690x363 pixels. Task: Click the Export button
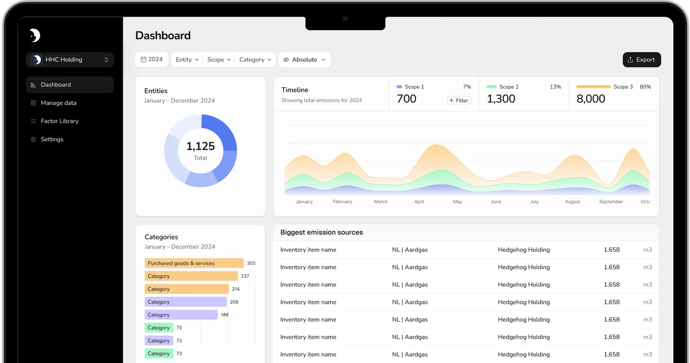(642, 60)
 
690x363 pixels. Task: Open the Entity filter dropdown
(187, 60)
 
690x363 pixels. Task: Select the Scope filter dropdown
(219, 60)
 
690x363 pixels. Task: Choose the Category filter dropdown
(255, 60)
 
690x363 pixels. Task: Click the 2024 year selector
(151, 59)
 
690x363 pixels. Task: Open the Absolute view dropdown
(304, 60)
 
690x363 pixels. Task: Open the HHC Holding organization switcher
(70, 60)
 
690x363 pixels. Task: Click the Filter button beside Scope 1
(459, 100)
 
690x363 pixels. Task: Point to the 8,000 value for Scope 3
(591, 99)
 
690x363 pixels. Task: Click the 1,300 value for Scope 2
(501, 99)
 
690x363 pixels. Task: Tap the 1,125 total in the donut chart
(201, 146)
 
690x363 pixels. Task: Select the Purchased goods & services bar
(194, 263)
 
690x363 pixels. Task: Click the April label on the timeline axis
(419, 202)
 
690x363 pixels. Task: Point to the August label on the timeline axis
(573, 202)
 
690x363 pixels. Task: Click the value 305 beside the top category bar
(251, 263)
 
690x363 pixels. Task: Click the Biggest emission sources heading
(322, 232)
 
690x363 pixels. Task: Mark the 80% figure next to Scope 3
(645, 87)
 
